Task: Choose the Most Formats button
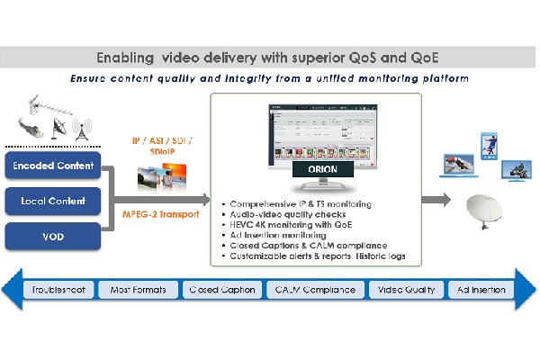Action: coord(137,290)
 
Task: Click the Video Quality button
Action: coord(408,290)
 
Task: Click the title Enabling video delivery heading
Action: coord(269,57)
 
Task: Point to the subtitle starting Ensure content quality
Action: coord(269,78)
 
